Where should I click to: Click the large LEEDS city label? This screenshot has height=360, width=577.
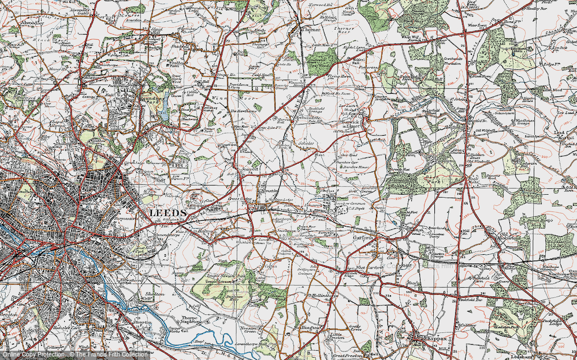coord(168,213)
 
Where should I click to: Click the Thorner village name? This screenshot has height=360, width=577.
coord(310,27)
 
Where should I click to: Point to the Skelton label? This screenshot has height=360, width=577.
coord(154,294)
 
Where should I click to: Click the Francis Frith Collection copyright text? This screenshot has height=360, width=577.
coord(107,354)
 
